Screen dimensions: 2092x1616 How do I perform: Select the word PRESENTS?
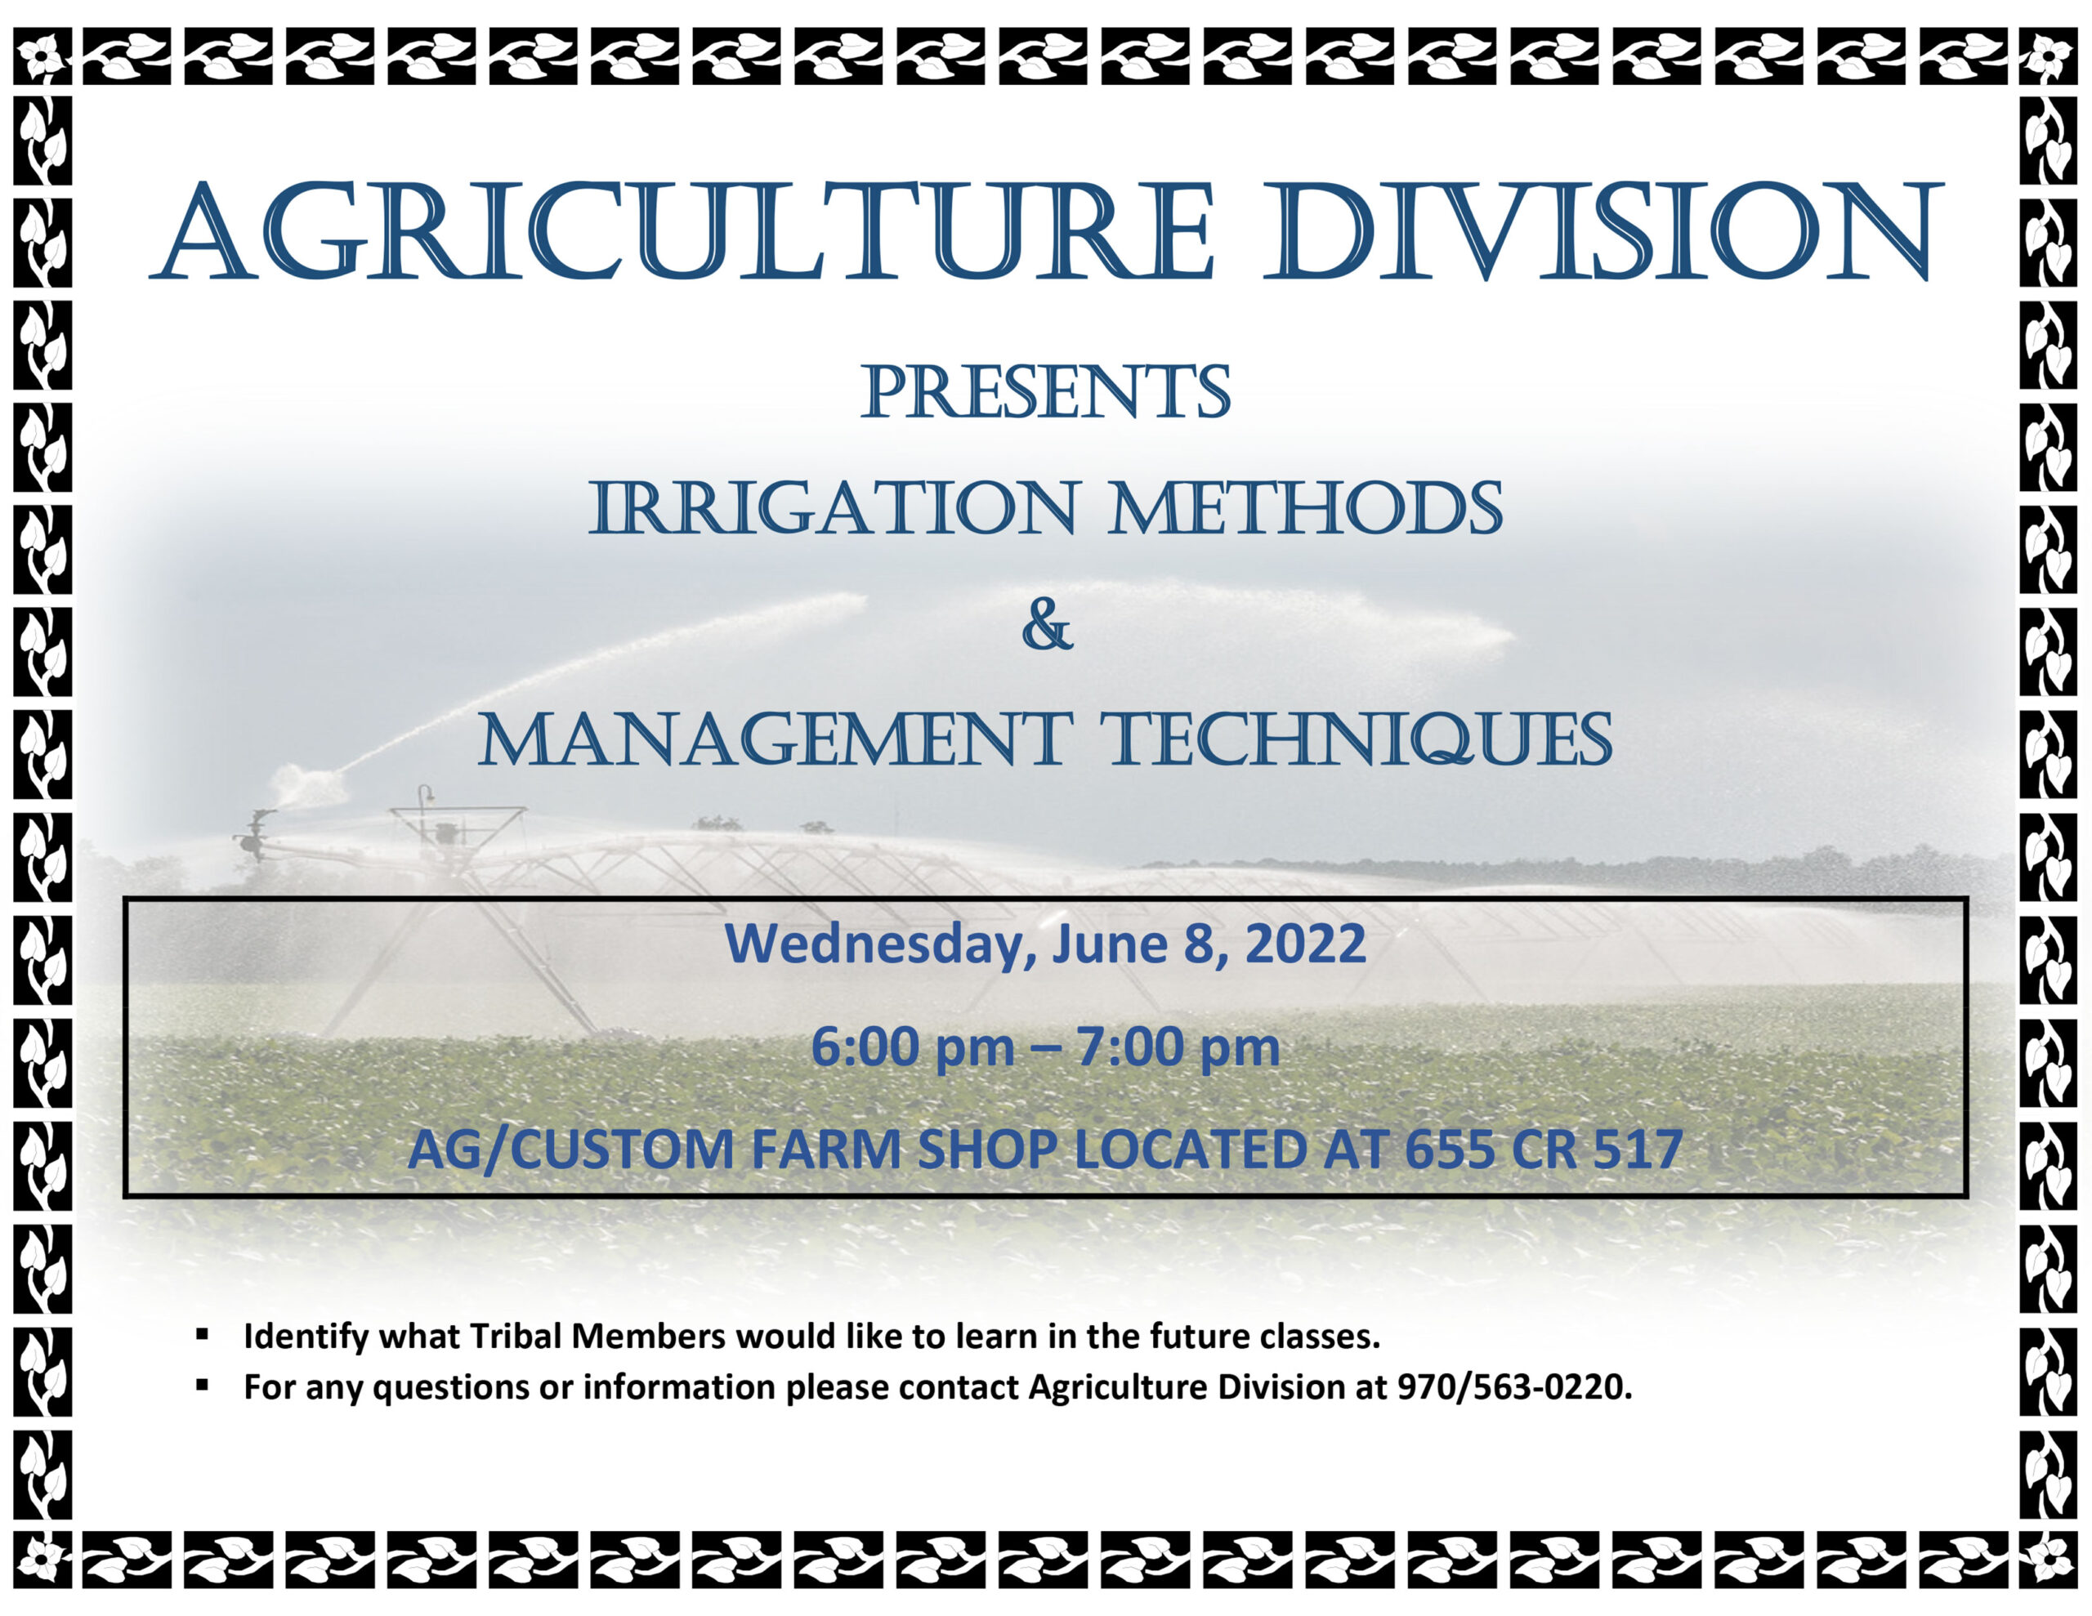point(1045,392)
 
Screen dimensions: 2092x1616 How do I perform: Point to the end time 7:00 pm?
point(1178,1047)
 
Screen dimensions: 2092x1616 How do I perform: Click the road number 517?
point(1639,1150)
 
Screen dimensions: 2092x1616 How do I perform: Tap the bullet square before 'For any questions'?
point(202,1384)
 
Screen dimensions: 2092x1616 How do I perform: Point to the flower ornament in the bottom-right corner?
point(2050,1559)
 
